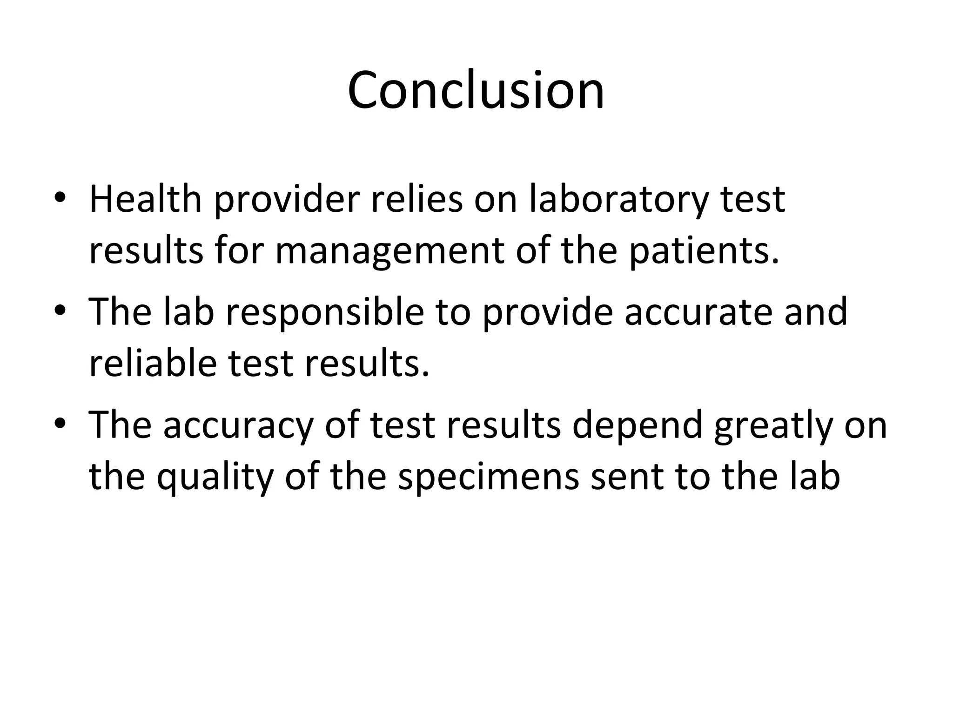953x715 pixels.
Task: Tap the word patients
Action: coord(704,252)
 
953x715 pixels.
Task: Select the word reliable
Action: coord(153,364)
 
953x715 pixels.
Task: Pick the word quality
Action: coord(215,477)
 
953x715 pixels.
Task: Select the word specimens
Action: coord(488,477)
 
